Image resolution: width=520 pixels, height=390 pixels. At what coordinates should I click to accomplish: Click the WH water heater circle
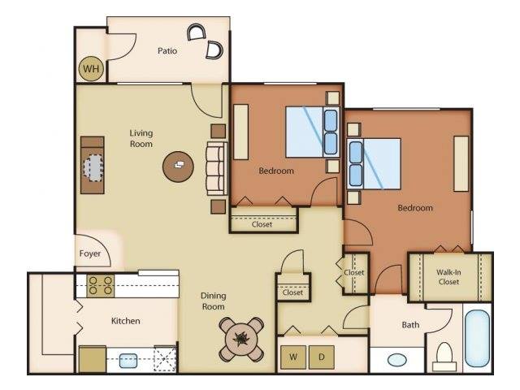tap(91, 68)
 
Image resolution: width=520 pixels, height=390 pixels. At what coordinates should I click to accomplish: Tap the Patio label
tap(167, 50)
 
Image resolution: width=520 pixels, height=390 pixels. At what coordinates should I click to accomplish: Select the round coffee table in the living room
tap(178, 167)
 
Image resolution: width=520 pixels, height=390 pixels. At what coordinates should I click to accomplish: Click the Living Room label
tap(141, 138)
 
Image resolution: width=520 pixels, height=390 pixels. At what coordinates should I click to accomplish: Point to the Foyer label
tap(90, 253)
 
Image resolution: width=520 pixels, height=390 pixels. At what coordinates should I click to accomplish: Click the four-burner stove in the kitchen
tap(101, 285)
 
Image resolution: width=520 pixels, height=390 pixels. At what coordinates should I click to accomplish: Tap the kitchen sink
tap(128, 361)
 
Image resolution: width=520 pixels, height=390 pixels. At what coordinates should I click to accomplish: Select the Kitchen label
tap(125, 321)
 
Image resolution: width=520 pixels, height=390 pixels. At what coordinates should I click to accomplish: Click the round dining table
tap(241, 340)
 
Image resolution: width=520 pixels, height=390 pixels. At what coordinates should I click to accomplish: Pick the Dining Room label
tap(213, 301)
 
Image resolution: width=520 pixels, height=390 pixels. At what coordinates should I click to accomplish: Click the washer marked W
tap(293, 357)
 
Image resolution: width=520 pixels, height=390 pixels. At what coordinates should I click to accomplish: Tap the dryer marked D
tap(322, 357)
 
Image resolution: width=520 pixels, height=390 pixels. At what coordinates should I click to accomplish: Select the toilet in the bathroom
tap(444, 357)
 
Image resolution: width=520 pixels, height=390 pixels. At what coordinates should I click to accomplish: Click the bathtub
tap(477, 338)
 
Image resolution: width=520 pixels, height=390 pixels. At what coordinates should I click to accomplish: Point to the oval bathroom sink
tap(397, 360)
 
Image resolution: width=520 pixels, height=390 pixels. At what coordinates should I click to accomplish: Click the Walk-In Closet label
tap(448, 277)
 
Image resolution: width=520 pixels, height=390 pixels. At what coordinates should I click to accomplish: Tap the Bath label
tap(410, 325)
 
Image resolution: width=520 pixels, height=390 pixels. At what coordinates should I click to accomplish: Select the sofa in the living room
tap(217, 168)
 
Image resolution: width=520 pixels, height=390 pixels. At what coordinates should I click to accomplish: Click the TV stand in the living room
tap(93, 165)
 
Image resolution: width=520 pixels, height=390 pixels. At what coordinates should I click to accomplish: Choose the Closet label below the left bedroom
tap(262, 224)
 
